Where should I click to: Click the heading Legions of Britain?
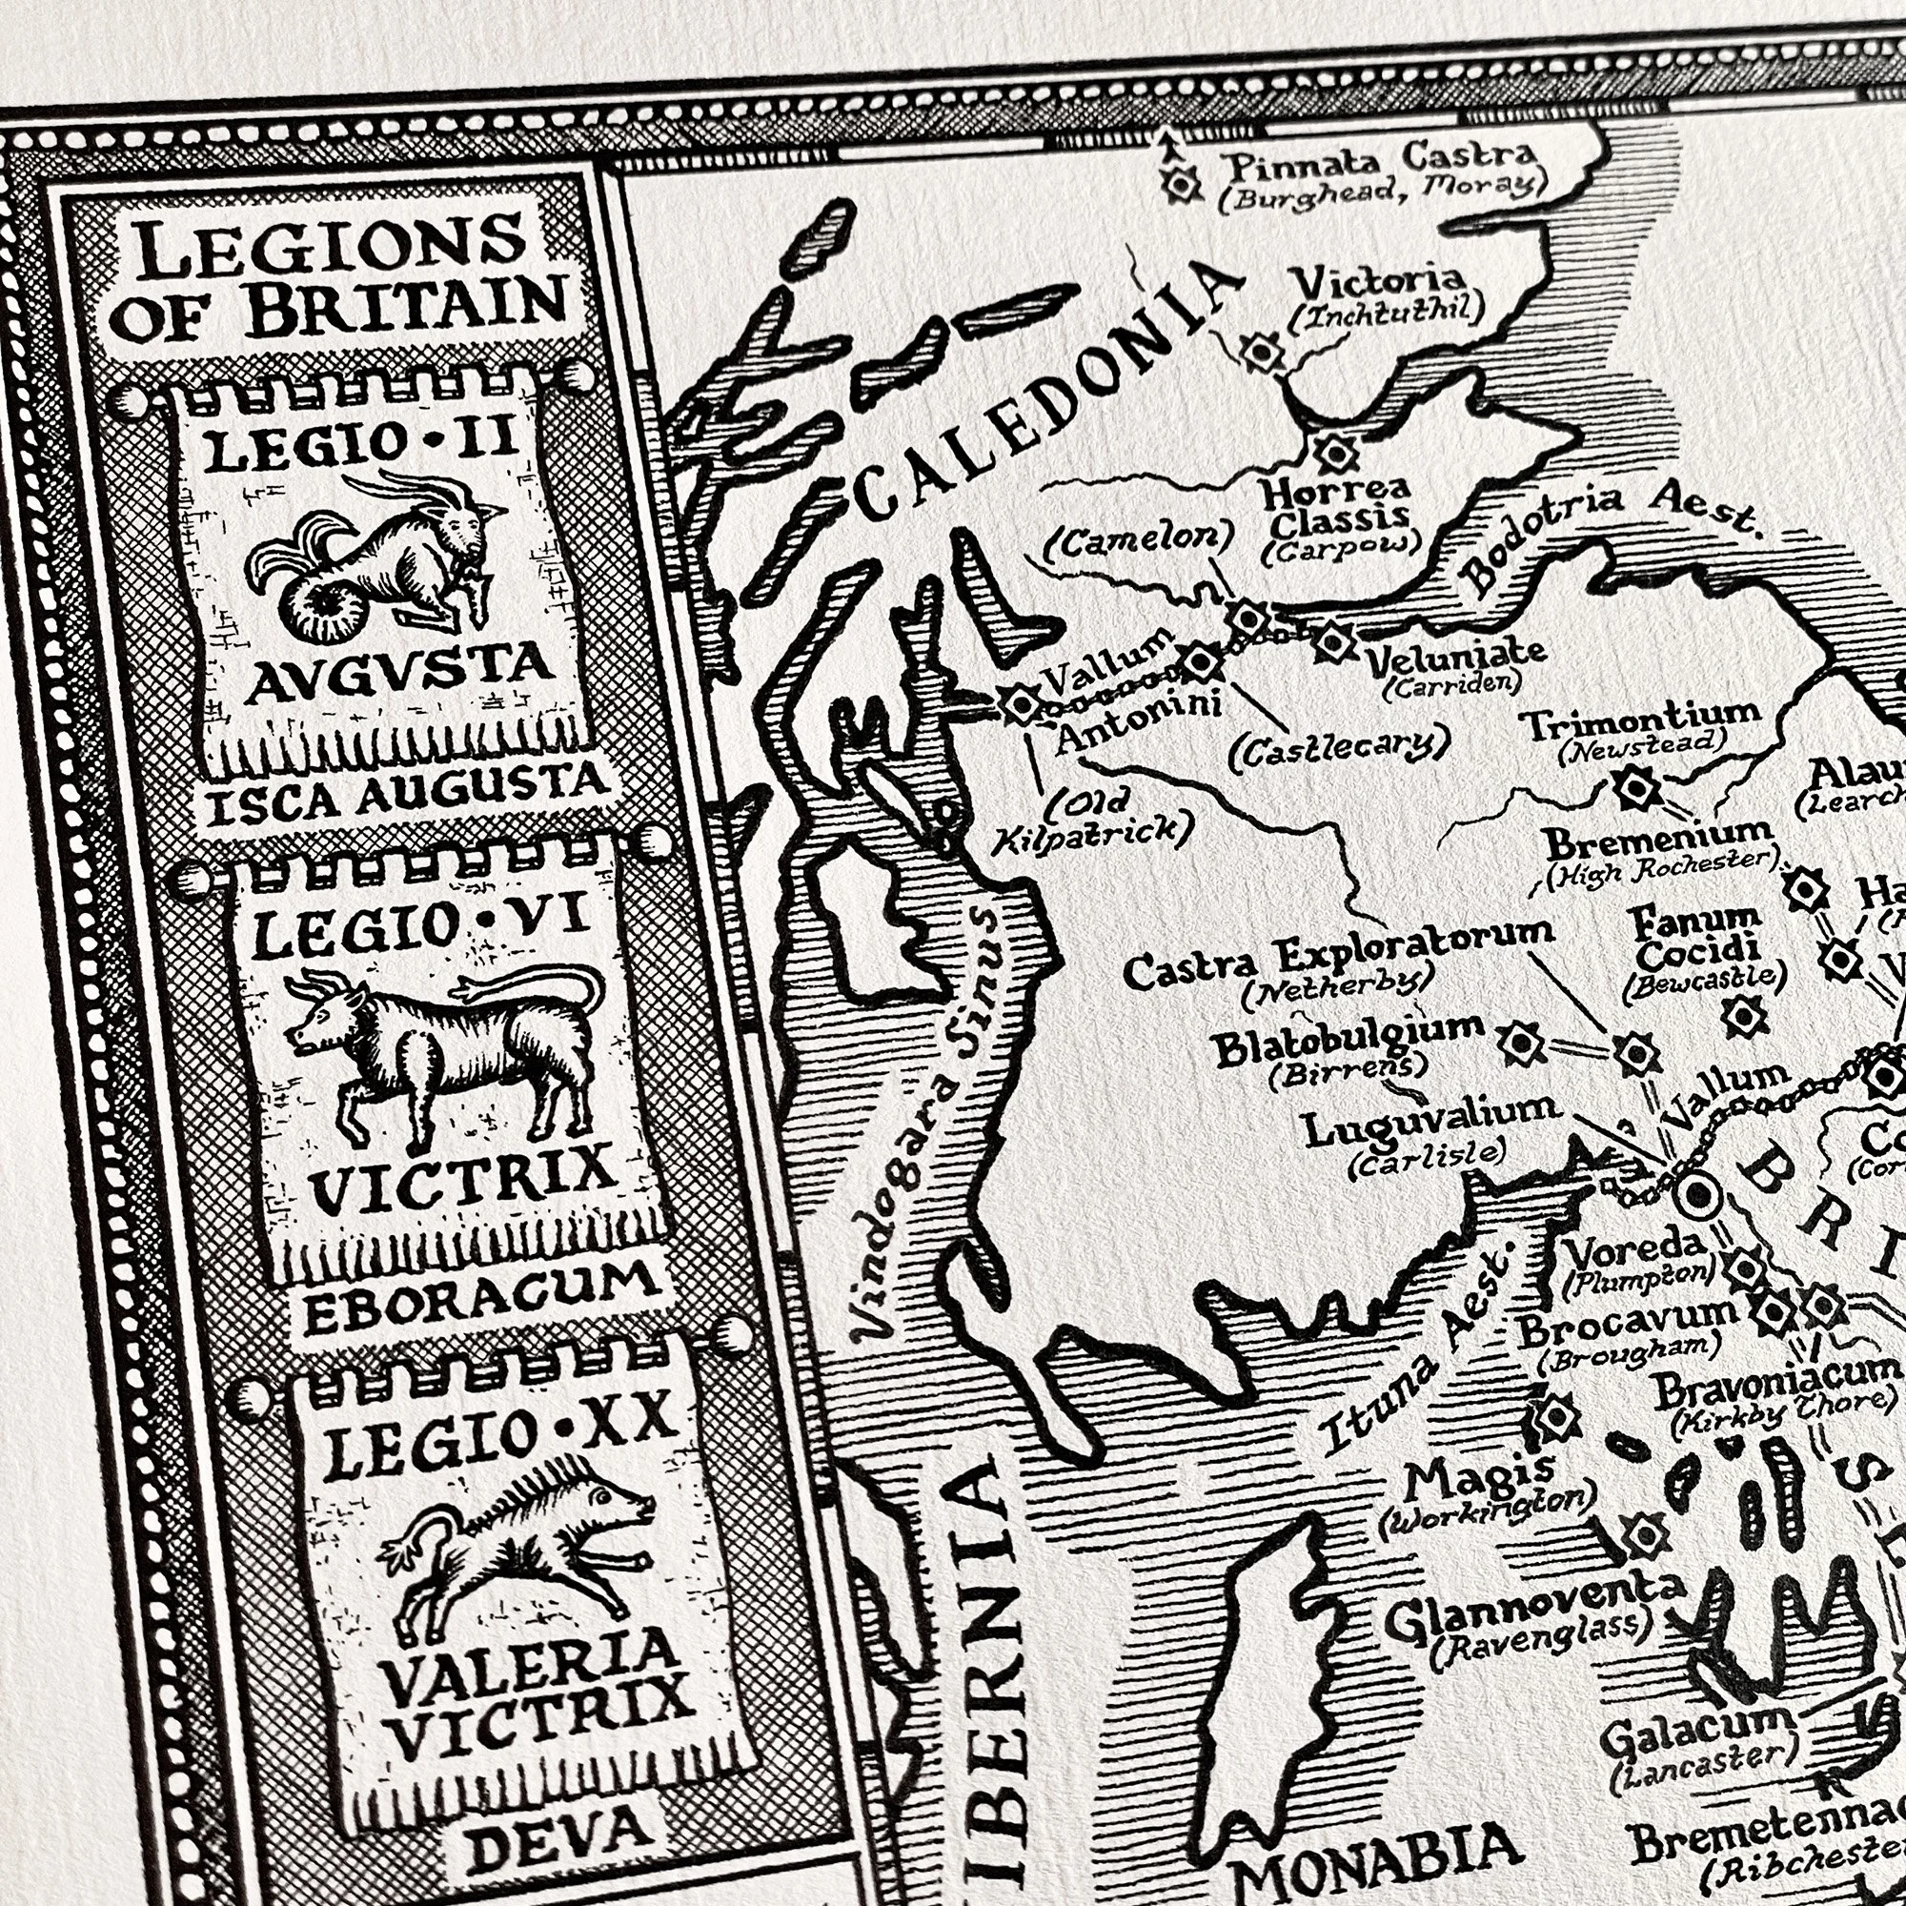click(x=340, y=281)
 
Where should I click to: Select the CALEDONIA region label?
click(x=1045, y=395)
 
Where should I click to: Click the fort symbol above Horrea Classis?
click(x=1335, y=453)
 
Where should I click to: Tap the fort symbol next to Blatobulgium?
click(x=1520, y=1042)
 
